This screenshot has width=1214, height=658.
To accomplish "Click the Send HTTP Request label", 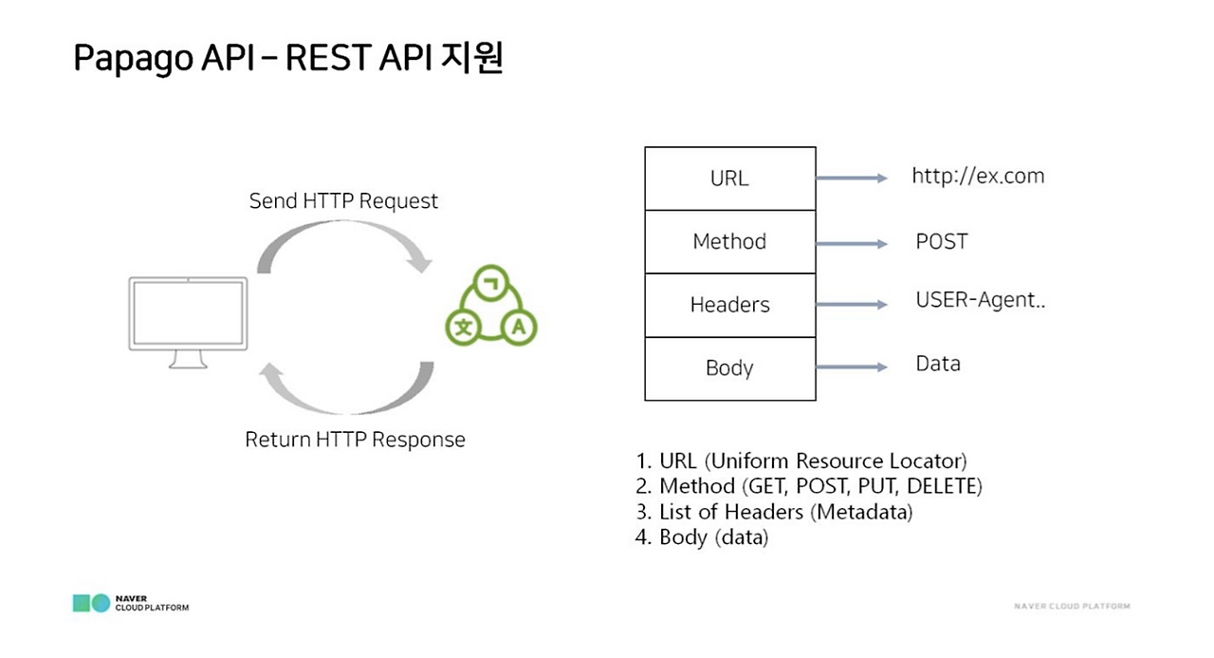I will coord(343,201).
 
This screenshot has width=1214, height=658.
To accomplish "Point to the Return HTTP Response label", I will coord(355,440).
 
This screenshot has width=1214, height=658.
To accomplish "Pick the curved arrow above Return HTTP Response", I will coord(347,389).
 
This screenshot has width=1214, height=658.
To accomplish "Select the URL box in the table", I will coord(729,179).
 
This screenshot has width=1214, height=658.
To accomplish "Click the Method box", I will coord(729,241).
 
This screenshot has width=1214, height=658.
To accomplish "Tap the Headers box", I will coord(729,305).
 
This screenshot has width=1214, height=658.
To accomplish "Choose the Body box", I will coord(729,368).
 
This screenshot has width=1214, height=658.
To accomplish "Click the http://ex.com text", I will coord(977,176).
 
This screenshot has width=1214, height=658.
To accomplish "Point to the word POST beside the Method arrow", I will coord(941,241).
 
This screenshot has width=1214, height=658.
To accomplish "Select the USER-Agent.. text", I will coord(980,301).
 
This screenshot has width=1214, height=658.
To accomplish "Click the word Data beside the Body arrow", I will coord(937,364).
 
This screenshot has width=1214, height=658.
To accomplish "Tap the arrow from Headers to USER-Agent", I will coord(851,305).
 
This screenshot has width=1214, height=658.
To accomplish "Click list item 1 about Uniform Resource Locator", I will coord(800,461).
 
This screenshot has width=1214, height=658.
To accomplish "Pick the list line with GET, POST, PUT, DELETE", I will coord(808,486).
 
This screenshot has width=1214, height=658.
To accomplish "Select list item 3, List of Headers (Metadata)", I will coord(773,512).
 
